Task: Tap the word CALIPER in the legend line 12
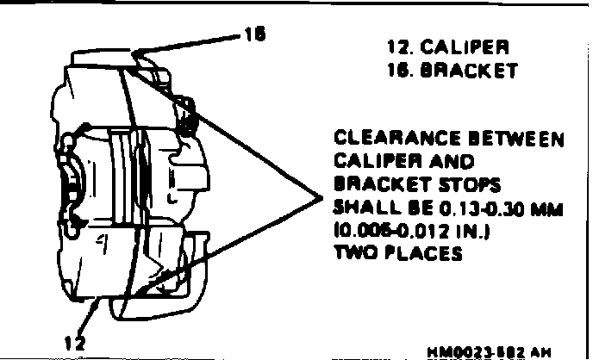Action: pos(471,46)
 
